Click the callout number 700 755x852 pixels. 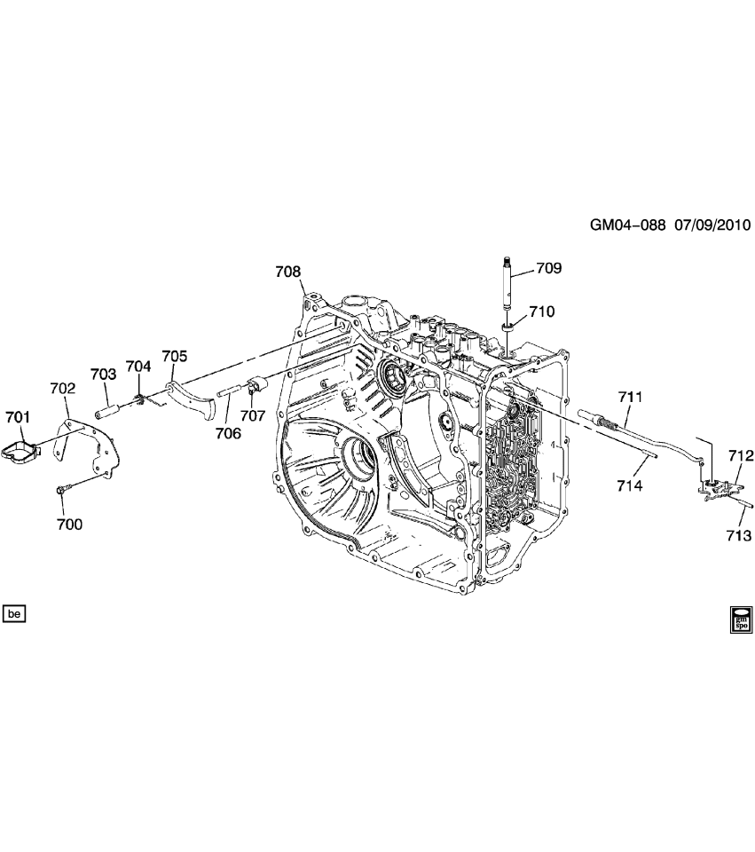coord(69,525)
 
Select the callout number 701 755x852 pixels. coord(18,416)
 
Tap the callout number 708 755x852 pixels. coord(287,272)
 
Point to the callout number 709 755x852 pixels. coord(549,267)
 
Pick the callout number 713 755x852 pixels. coord(739,535)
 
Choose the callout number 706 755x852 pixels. coord(228,433)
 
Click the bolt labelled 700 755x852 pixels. coord(65,487)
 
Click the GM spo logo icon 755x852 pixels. coord(740,618)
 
